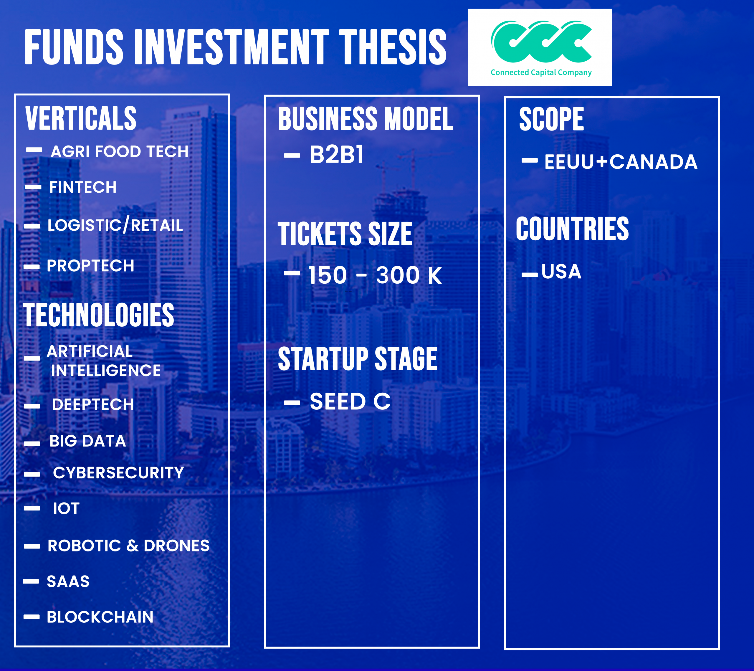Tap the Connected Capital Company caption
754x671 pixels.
[x=541, y=72]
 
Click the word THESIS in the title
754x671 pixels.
[x=393, y=47]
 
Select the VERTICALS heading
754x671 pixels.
[x=81, y=118]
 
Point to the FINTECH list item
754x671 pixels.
[x=83, y=187]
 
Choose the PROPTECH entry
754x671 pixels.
[x=90, y=266]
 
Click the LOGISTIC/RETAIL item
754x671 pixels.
[x=115, y=225]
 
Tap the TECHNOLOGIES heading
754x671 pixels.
[x=98, y=315]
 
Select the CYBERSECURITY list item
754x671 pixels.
[x=118, y=472]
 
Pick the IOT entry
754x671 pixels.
[x=66, y=508]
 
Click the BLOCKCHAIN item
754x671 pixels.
[x=100, y=617]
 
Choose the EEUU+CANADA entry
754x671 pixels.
[x=621, y=162]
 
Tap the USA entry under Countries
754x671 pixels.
[x=561, y=272]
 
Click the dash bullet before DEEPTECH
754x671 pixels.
[x=32, y=406]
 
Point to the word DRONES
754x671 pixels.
[x=177, y=546]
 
